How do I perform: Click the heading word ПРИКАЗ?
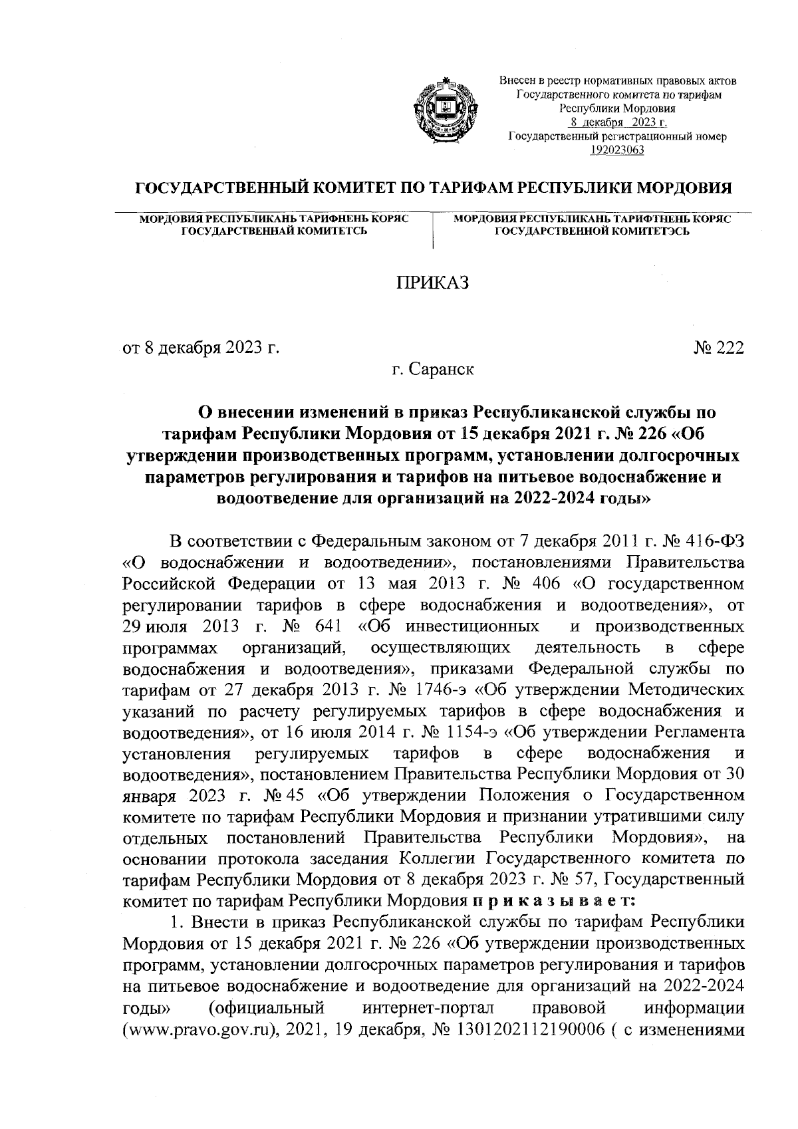(x=432, y=284)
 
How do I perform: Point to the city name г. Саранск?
(x=432, y=369)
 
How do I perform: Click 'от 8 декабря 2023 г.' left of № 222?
(x=199, y=348)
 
